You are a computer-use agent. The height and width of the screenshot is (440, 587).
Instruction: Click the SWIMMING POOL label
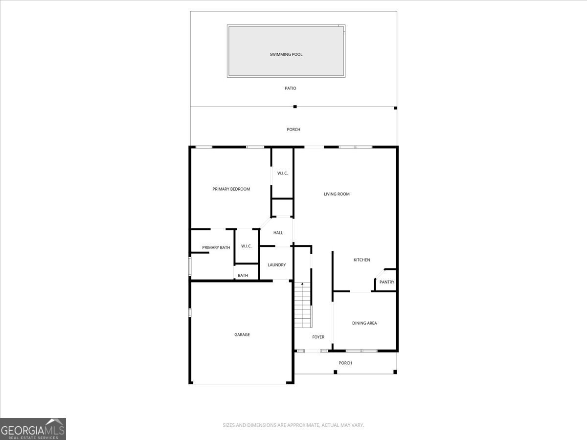pyautogui.click(x=286, y=54)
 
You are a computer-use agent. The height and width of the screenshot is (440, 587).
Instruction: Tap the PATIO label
pyautogui.click(x=291, y=88)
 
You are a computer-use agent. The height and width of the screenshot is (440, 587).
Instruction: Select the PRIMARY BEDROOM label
pyautogui.click(x=231, y=189)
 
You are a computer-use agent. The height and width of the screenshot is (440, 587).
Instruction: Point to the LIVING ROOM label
pyautogui.click(x=337, y=194)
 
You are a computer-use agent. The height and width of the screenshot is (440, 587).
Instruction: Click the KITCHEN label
pyautogui.click(x=362, y=260)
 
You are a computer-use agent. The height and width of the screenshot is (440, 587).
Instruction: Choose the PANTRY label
pyautogui.click(x=387, y=282)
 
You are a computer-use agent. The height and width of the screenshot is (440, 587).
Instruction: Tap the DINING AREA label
pyautogui.click(x=364, y=323)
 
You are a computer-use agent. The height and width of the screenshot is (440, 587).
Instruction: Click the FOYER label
pyautogui.click(x=318, y=337)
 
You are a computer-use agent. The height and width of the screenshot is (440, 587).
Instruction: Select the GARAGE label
pyautogui.click(x=242, y=334)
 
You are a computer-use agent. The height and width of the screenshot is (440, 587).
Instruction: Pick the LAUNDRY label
pyautogui.click(x=277, y=265)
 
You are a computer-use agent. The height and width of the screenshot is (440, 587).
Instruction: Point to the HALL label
pyautogui.click(x=278, y=233)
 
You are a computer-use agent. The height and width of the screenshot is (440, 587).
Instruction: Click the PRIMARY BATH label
pyautogui.click(x=216, y=247)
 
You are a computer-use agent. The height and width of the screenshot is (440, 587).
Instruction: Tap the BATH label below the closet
pyautogui.click(x=243, y=275)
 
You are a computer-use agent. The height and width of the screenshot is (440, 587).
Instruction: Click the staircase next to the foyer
pyautogui.click(x=303, y=305)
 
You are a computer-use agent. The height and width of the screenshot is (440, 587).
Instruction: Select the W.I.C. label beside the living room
pyautogui.click(x=282, y=173)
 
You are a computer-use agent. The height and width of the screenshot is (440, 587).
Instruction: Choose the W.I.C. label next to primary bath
pyautogui.click(x=247, y=246)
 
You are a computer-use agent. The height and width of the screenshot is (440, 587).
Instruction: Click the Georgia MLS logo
pyautogui.click(x=33, y=429)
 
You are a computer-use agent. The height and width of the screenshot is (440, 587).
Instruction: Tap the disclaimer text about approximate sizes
pyautogui.click(x=293, y=425)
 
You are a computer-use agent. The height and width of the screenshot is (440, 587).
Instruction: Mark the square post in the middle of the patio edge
pyautogui.click(x=295, y=107)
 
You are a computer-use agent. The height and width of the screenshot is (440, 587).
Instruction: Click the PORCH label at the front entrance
pyautogui.click(x=345, y=363)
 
